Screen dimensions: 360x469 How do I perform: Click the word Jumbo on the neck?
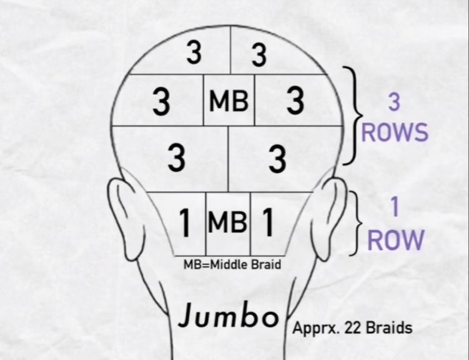pyautogui.click(x=228, y=316)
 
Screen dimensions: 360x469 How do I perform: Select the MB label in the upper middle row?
pyautogui.click(x=229, y=101)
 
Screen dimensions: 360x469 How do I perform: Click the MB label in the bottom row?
pyautogui.click(x=228, y=222)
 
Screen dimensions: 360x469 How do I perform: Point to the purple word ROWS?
pyautogui.click(x=395, y=132)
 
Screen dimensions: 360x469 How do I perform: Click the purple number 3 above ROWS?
pyautogui.click(x=394, y=102)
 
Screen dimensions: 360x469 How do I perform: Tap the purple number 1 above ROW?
pyautogui.click(x=394, y=209)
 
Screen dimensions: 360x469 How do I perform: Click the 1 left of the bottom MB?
pyautogui.click(x=185, y=224)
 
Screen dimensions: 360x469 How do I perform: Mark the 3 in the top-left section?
pyautogui.click(x=194, y=54)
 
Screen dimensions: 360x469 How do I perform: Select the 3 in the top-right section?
pyautogui.click(x=259, y=56)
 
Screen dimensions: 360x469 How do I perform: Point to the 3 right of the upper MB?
pyautogui.click(x=295, y=102)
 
